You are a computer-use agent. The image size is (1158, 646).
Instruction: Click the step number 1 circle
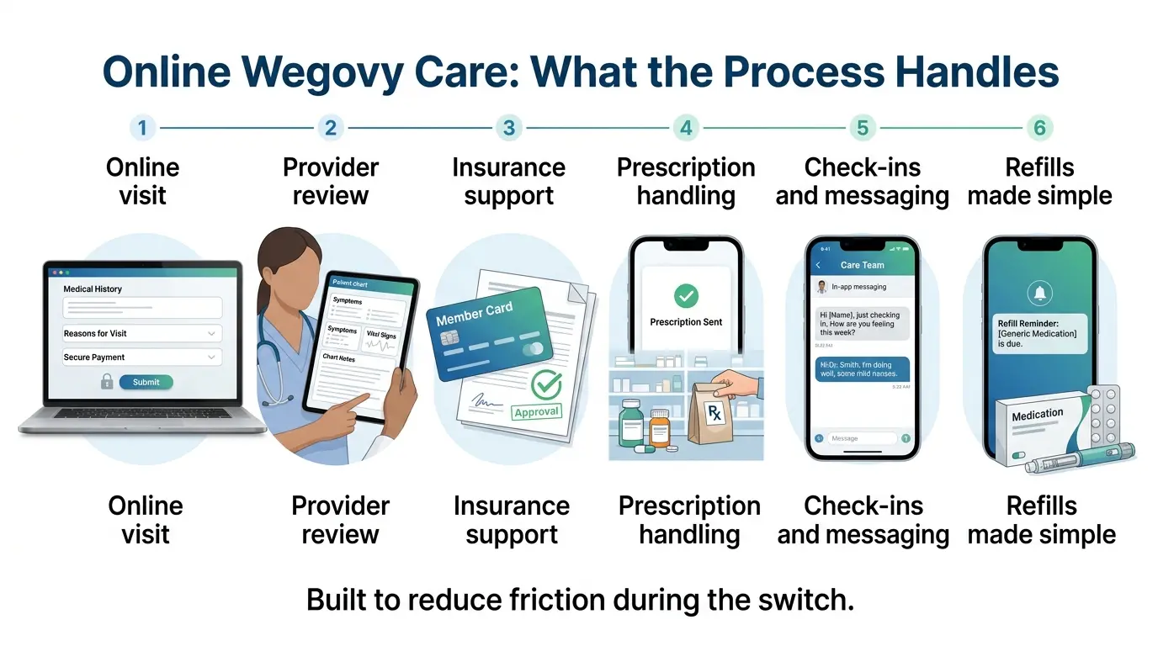click(142, 128)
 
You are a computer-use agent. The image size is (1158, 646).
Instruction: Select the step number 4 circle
click(686, 128)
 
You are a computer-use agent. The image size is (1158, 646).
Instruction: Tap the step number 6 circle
click(1040, 128)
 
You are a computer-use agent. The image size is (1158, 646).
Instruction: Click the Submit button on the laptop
click(146, 382)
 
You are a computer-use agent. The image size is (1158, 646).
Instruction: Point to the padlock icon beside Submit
click(107, 382)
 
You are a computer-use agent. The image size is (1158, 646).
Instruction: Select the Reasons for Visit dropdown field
click(142, 333)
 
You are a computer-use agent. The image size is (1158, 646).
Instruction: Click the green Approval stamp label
click(536, 411)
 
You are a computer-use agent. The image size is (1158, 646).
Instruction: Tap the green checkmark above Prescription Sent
click(686, 295)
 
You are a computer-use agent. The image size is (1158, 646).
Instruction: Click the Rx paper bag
click(714, 412)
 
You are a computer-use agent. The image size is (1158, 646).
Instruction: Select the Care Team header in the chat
click(862, 265)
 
